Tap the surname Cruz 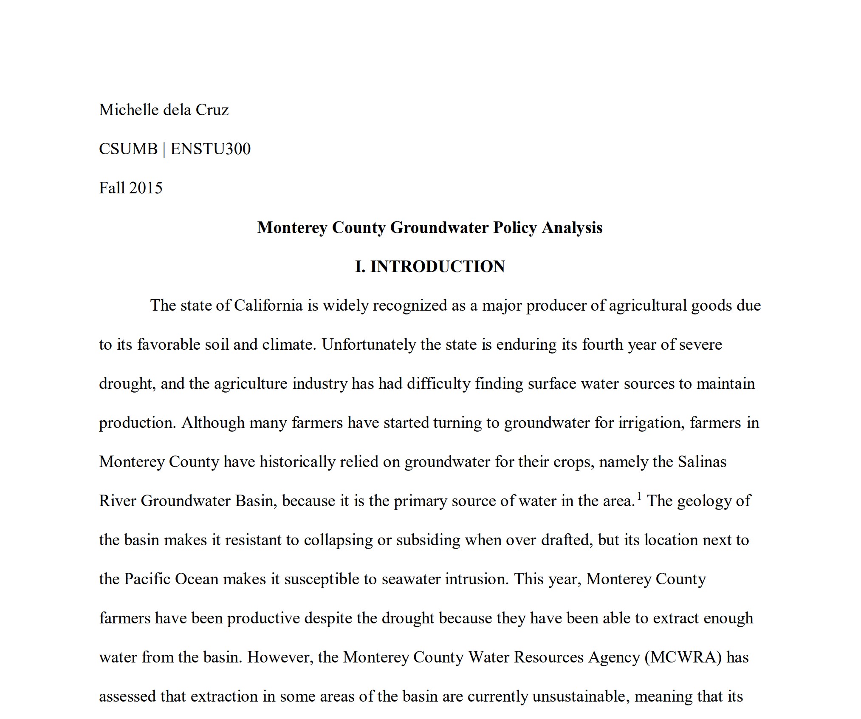point(212,110)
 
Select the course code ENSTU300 point(210,149)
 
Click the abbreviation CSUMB point(128,149)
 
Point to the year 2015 point(146,188)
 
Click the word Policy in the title point(515,228)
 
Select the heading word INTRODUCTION point(438,267)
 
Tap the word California point(268,306)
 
